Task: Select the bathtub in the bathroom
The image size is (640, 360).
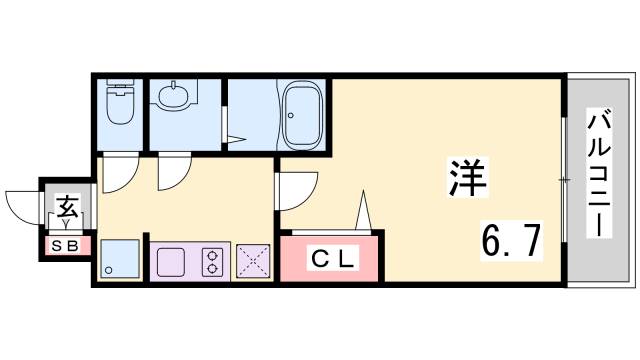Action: (303, 115)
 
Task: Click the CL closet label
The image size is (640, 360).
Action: (331, 259)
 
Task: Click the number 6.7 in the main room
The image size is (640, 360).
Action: (511, 241)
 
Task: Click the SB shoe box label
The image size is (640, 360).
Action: (67, 243)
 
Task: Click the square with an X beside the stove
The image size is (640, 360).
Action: (252, 261)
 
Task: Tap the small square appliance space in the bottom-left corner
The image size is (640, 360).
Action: (119, 259)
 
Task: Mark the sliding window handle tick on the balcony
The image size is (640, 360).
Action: (564, 180)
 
